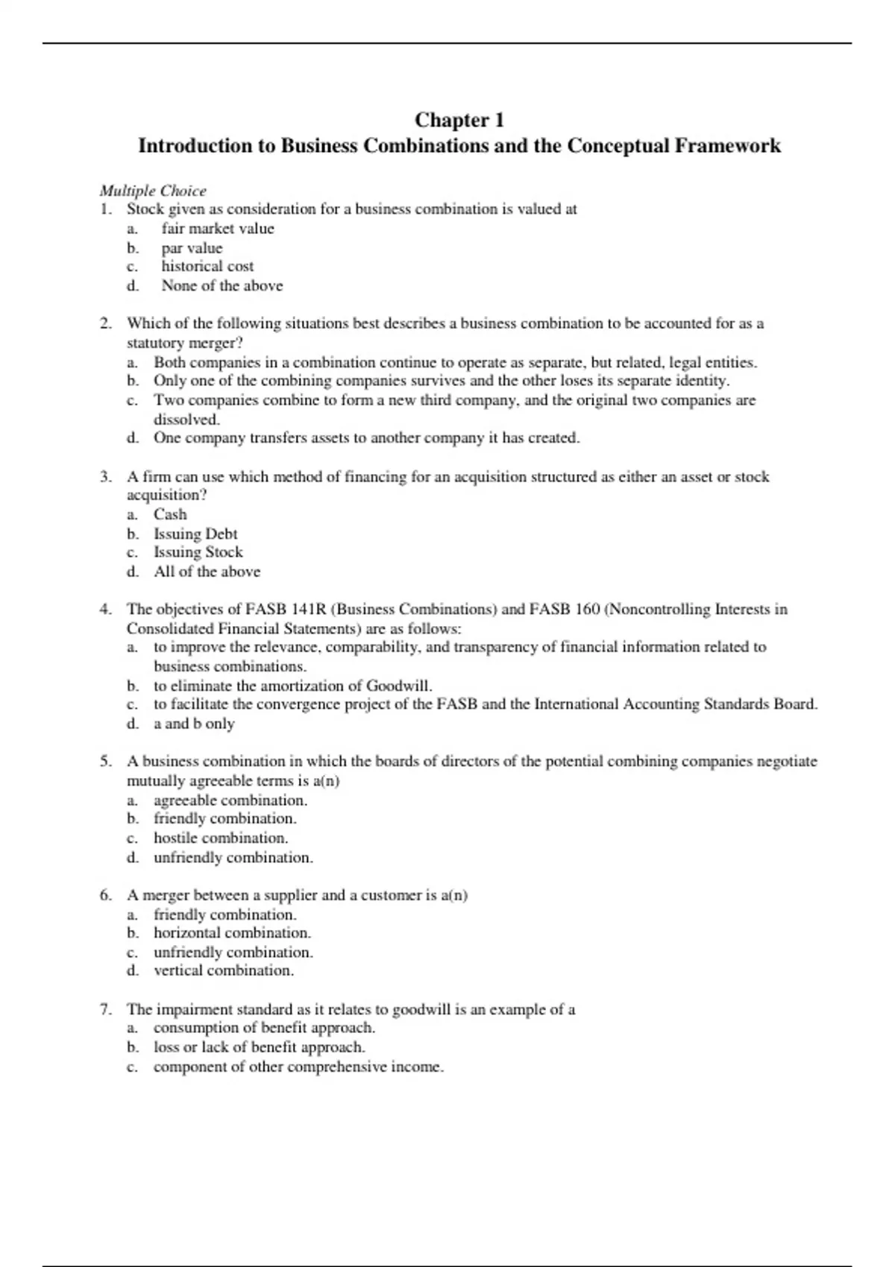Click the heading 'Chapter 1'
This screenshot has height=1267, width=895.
pos(459,120)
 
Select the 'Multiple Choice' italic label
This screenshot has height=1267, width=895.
pos(153,191)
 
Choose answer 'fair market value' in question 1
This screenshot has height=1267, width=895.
pos(218,229)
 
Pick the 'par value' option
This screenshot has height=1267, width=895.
pos(192,248)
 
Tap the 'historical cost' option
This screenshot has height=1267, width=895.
pos(207,266)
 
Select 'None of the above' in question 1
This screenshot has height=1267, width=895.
pos(222,285)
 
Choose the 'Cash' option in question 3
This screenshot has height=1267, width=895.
pos(170,514)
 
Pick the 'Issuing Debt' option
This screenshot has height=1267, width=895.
pos(195,534)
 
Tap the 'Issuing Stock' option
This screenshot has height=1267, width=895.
pos(198,552)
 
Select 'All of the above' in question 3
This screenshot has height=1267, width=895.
pos(207,572)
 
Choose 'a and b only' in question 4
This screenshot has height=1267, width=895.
pos(194,724)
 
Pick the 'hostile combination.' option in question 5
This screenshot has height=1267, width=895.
pos(221,838)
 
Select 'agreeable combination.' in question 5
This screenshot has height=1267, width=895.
pos(230,800)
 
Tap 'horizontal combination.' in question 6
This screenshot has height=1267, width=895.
pos(233,933)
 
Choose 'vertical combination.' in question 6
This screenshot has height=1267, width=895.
pos(224,970)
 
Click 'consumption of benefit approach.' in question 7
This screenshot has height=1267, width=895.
pos(264,1028)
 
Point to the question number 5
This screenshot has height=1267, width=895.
pos(106,762)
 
